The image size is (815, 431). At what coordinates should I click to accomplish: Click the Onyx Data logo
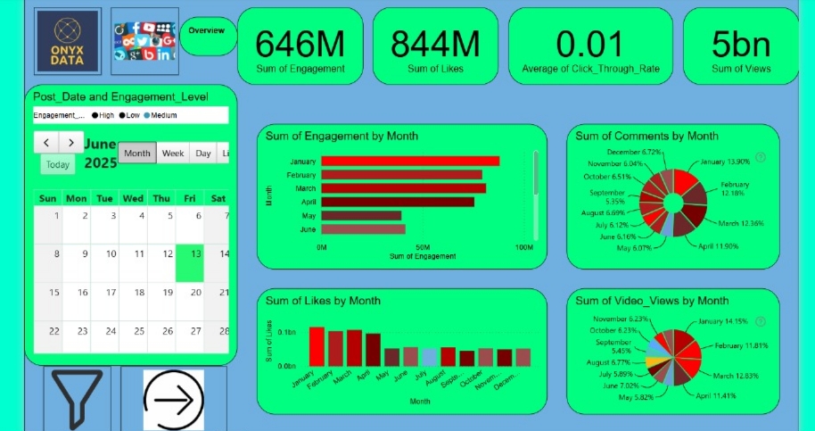[x=68, y=40]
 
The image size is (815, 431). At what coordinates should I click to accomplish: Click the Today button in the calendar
[x=58, y=164]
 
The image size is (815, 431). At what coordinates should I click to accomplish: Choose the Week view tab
[x=173, y=153]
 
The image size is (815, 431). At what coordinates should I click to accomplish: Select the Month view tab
[x=137, y=153]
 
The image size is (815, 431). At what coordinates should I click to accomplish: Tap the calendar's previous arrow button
[x=46, y=142]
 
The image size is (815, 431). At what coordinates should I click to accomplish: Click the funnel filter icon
[x=78, y=396]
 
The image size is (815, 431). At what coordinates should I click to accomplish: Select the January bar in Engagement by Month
[x=410, y=162]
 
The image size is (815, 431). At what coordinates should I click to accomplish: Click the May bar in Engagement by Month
[x=361, y=216]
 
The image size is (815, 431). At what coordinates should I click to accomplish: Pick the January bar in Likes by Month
[x=317, y=346]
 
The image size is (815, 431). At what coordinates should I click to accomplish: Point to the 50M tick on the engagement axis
[x=424, y=247]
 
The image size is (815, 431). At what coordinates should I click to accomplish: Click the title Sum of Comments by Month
[x=646, y=136]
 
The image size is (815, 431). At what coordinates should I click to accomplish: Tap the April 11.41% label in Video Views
[x=716, y=395]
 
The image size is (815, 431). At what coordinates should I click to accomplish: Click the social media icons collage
[x=144, y=40]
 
